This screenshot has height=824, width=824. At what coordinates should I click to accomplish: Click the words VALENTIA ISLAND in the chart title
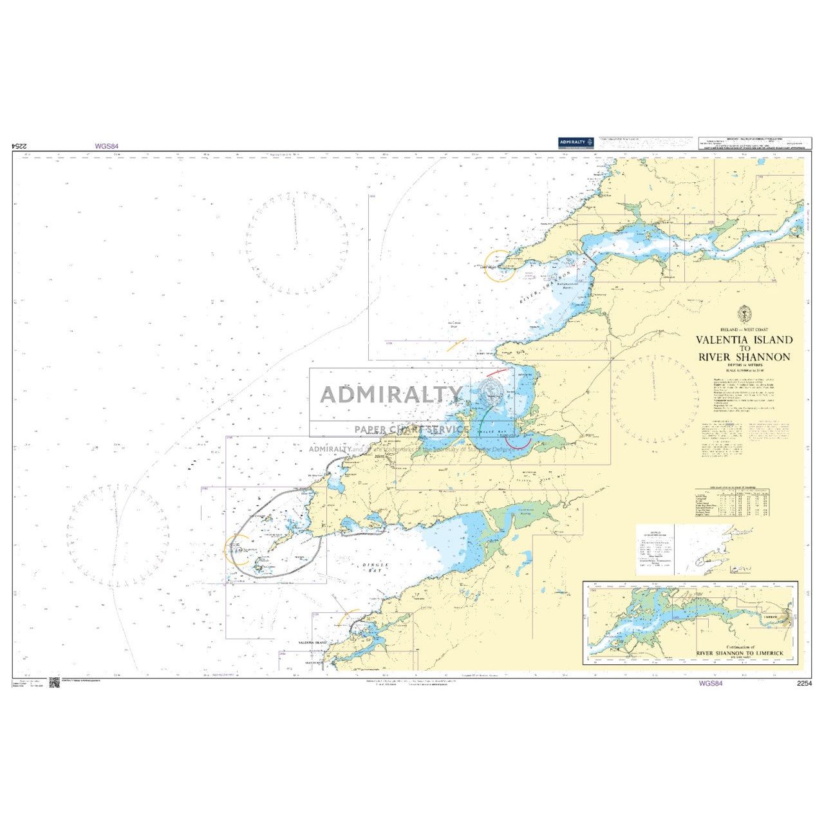click(x=744, y=340)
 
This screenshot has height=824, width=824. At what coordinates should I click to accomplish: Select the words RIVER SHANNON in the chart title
click(x=744, y=357)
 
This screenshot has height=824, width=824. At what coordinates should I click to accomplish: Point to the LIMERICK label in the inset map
click(x=771, y=617)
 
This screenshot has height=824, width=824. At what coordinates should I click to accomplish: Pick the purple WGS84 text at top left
click(x=107, y=146)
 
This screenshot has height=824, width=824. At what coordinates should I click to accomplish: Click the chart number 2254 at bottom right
click(x=805, y=684)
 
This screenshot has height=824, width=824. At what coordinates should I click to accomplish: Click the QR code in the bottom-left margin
click(x=53, y=683)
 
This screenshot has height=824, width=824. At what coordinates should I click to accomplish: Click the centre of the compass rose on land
click(x=655, y=399)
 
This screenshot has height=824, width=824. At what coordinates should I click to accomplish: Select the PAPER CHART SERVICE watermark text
click(x=412, y=429)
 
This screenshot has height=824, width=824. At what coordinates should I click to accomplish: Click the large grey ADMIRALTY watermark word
click(x=391, y=394)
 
